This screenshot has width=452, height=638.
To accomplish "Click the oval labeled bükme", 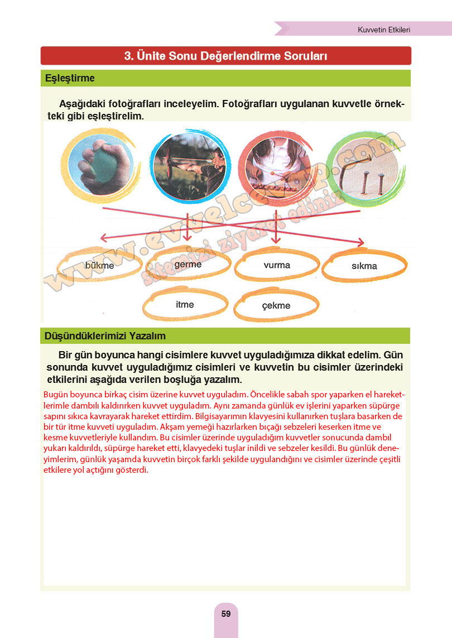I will pyautogui.click(x=99, y=266).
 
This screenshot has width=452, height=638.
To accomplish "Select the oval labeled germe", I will pyautogui.click(x=187, y=265).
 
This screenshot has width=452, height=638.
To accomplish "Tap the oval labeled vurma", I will pyautogui.click(x=277, y=265).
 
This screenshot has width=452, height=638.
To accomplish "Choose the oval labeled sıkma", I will pyautogui.click(x=364, y=266).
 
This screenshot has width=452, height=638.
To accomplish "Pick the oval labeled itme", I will pyautogui.click(x=185, y=305).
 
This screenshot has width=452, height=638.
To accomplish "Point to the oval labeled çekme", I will pyautogui.click(x=276, y=306).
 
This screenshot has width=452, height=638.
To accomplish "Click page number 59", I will pyautogui.click(x=226, y=614).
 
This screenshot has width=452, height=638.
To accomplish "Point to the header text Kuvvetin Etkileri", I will pyautogui.click(x=383, y=30).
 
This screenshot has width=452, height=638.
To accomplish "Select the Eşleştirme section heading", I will pyautogui.click(x=70, y=78).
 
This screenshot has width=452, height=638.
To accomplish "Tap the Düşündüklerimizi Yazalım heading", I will pyautogui.click(x=105, y=336).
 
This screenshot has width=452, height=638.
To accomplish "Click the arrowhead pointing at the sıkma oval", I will pyautogui.click(x=360, y=243).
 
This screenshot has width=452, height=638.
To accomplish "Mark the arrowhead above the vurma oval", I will pyautogui.click(x=275, y=239).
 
